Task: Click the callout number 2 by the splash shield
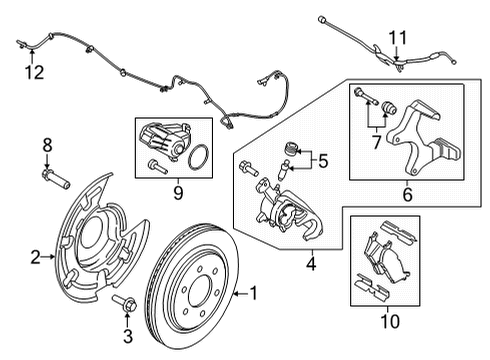point(35,258)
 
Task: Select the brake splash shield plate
point(95,245)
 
